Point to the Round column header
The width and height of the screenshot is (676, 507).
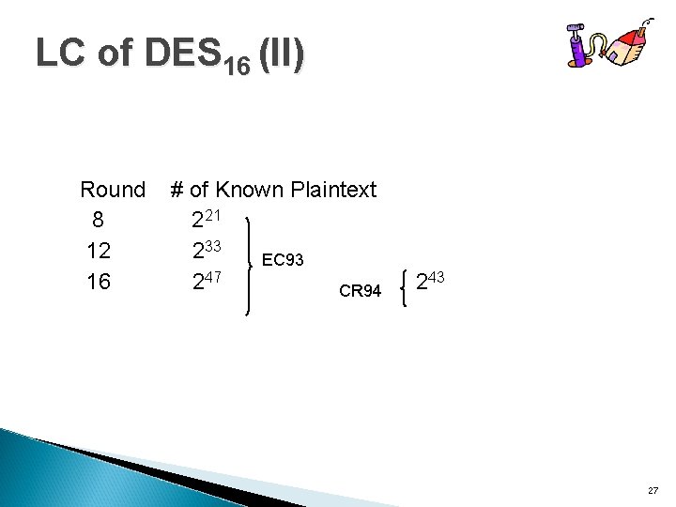[113, 190]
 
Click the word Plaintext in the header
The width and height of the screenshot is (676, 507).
[333, 190]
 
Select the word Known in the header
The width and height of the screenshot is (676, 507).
[251, 190]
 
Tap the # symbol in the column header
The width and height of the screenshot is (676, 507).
[177, 190]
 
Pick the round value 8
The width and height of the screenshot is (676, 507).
[97, 221]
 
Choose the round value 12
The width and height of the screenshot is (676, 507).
[99, 251]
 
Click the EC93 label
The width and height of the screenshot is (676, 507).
[283, 259]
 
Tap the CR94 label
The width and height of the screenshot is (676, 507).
[360, 291]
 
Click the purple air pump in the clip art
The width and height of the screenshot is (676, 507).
[576, 47]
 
